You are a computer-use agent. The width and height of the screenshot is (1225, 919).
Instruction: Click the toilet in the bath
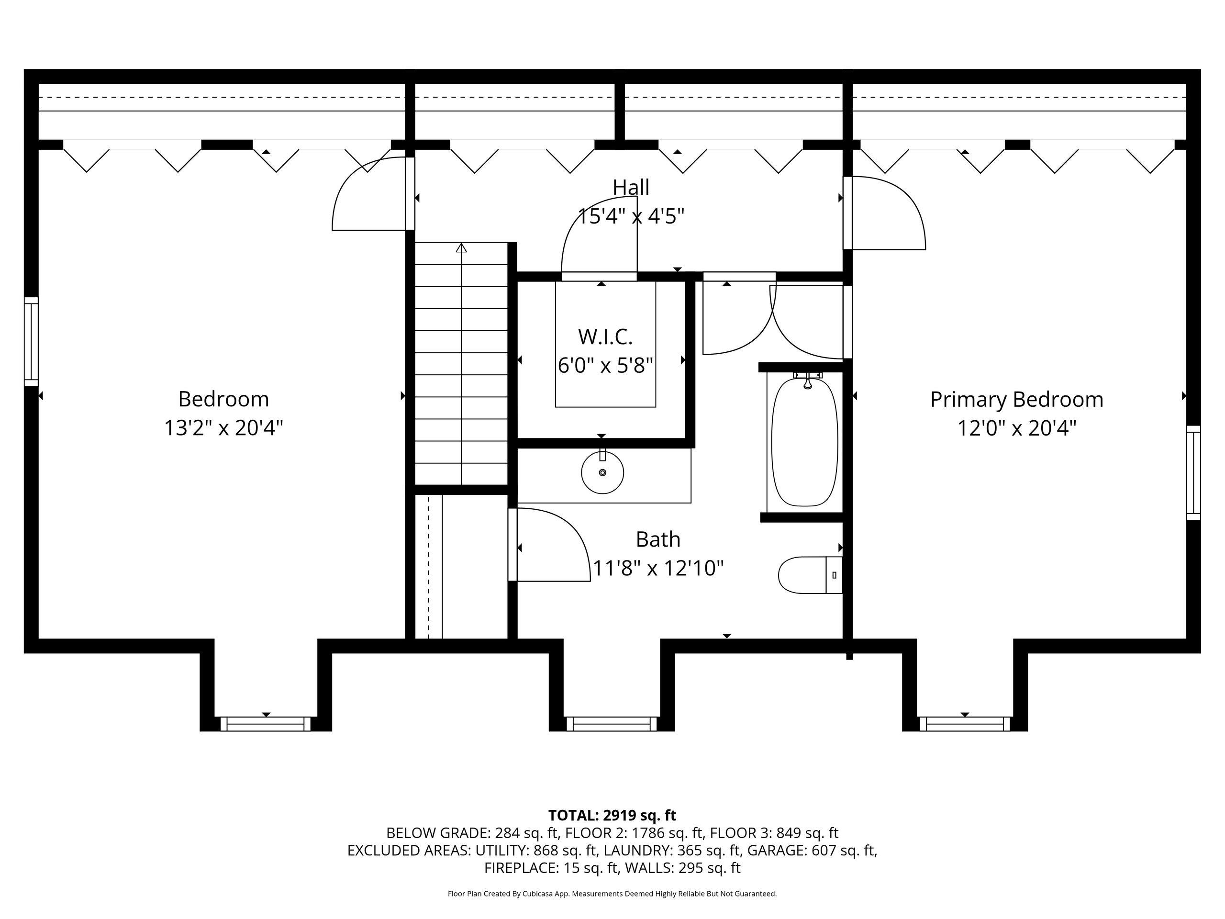tap(810, 575)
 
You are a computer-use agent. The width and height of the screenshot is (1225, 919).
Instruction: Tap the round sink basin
tap(602, 472)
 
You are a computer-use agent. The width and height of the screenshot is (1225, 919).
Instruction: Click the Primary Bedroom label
tap(1017, 399)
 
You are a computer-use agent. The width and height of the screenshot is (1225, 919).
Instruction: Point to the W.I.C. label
tap(605, 336)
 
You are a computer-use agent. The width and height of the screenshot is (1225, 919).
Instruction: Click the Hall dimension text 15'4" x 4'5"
tap(631, 215)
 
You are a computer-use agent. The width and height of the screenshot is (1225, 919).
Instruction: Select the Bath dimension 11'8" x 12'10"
tap(658, 568)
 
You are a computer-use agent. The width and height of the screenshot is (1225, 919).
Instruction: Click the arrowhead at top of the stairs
tap(461, 247)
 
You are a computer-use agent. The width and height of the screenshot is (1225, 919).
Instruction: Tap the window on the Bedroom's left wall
tap(31, 341)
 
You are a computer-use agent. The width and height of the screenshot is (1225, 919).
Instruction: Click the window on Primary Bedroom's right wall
tap(1193, 472)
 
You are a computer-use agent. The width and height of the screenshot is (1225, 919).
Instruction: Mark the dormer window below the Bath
tap(612, 723)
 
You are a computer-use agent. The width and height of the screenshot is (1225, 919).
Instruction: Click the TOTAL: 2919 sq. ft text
tap(612, 816)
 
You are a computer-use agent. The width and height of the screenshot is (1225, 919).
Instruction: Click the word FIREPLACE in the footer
tap(521, 868)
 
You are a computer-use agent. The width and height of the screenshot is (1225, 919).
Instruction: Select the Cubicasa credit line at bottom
tap(612, 894)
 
